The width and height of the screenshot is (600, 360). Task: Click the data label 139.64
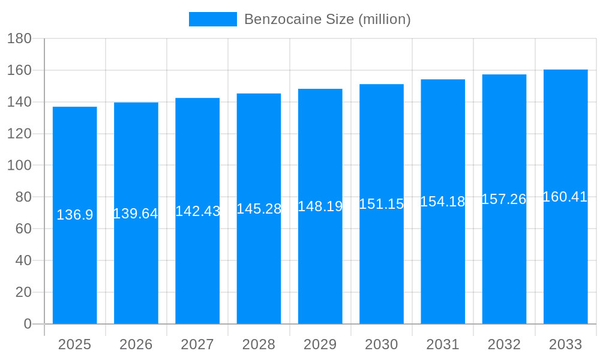point(136,214)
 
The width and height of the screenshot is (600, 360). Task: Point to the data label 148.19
point(320,206)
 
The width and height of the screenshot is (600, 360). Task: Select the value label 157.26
point(504,199)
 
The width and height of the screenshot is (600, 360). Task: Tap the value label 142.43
point(197,211)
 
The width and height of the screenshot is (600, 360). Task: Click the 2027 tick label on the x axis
point(197,344)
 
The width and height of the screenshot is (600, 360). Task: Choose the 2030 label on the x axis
point(382,344)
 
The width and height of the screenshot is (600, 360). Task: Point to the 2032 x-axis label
point(504,344)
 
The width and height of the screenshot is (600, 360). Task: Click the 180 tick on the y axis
point(19,39)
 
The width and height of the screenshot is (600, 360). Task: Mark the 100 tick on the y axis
point(19,166)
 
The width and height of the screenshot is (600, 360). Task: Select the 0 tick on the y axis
point(28,324)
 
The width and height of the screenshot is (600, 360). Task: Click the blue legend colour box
point(213,19)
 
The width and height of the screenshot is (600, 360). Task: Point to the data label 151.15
point(382,204)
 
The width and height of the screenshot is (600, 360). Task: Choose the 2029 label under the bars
point(320,344)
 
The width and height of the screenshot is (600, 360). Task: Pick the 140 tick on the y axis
point(19,102)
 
